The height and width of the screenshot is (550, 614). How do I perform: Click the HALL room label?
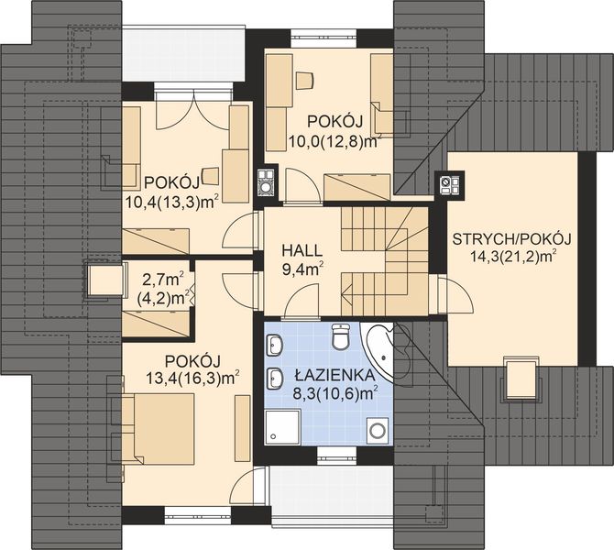tap(300, 250)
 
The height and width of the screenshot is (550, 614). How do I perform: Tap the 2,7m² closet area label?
tap(163, 278)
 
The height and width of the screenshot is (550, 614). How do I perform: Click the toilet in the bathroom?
tap(339, 340)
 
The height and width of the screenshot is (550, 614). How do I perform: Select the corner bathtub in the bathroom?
tap(378, 349)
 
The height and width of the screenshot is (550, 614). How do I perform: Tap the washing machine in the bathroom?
tap(377, 429)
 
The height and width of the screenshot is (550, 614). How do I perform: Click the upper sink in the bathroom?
tap(277, 346)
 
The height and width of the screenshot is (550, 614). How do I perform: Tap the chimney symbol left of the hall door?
tap(266, 182)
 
